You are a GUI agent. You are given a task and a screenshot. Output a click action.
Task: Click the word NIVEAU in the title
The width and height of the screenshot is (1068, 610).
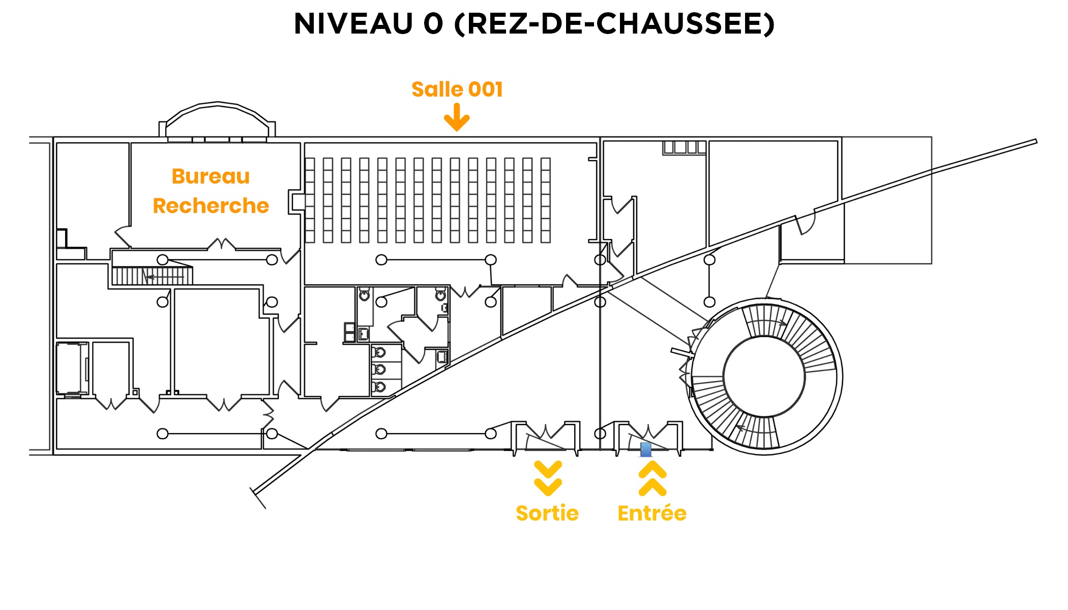(x=353, y=24)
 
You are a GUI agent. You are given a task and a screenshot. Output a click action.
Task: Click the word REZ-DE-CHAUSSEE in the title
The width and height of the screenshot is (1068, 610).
(x=617, y=24)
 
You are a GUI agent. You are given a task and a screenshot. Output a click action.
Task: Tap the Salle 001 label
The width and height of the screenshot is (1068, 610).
(x=457, y=89)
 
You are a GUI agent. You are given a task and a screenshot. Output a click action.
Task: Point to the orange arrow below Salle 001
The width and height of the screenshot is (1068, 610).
(x=457, y=117)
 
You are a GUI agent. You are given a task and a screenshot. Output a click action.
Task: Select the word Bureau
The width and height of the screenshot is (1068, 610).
(x=211, y=176)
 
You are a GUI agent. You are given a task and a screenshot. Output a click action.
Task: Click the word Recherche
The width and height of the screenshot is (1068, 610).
(x=211, y=206)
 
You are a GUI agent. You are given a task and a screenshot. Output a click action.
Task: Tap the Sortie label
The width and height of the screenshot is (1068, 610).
(x=547, y=513)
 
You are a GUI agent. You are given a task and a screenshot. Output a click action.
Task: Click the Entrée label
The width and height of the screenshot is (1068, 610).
(x=652, y=513)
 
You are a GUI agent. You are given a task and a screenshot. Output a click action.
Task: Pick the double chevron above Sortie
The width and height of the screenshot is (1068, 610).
(x=548, y=478)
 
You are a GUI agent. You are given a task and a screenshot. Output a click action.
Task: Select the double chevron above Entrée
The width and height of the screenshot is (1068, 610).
(x=652, y=478)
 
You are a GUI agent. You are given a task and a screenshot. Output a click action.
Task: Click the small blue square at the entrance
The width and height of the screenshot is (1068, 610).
(x=646, y=450)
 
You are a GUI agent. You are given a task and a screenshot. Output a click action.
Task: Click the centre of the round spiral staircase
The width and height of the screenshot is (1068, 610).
(x=764, y=377)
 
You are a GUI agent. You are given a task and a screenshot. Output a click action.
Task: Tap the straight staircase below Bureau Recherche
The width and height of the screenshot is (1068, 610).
(x=152, y=276)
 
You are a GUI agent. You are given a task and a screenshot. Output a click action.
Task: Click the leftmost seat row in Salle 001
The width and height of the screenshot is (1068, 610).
(x=310, y=200)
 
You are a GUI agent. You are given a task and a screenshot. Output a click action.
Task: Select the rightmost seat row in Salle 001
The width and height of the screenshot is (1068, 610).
(x=546, y=200)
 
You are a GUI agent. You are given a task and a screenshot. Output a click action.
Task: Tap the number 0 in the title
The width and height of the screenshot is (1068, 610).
(x=433, y=24)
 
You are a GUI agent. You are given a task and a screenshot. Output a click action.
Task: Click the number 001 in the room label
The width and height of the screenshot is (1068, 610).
(x=486, y=89)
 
